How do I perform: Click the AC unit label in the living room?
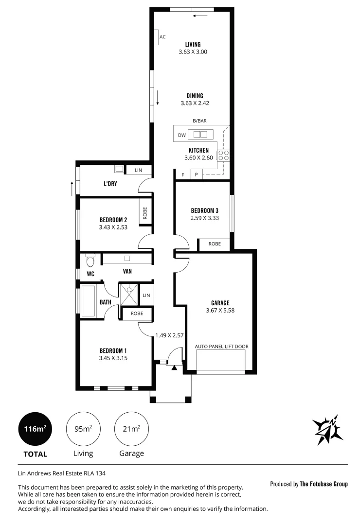(162, 37)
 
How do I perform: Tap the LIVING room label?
(193, 44)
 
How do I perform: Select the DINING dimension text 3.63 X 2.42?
(195, 103)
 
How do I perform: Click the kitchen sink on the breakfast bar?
(200, 134)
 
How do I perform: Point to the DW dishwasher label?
(182, 135)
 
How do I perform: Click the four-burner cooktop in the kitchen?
(223, 156)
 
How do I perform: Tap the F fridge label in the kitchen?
(183, 175)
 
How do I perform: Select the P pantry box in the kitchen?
(197, 175)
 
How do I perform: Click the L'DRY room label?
(110, 184)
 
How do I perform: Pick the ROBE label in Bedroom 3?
(214, 244)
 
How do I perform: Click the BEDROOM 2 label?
(113, 219)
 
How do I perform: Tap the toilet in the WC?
(90, 262)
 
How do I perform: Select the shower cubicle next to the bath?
(129, 295)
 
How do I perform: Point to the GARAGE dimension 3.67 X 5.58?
(220, 310)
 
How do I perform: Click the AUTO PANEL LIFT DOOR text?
(221, 347)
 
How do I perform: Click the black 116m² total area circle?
(35, 429)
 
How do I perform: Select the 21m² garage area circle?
(131, 429)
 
